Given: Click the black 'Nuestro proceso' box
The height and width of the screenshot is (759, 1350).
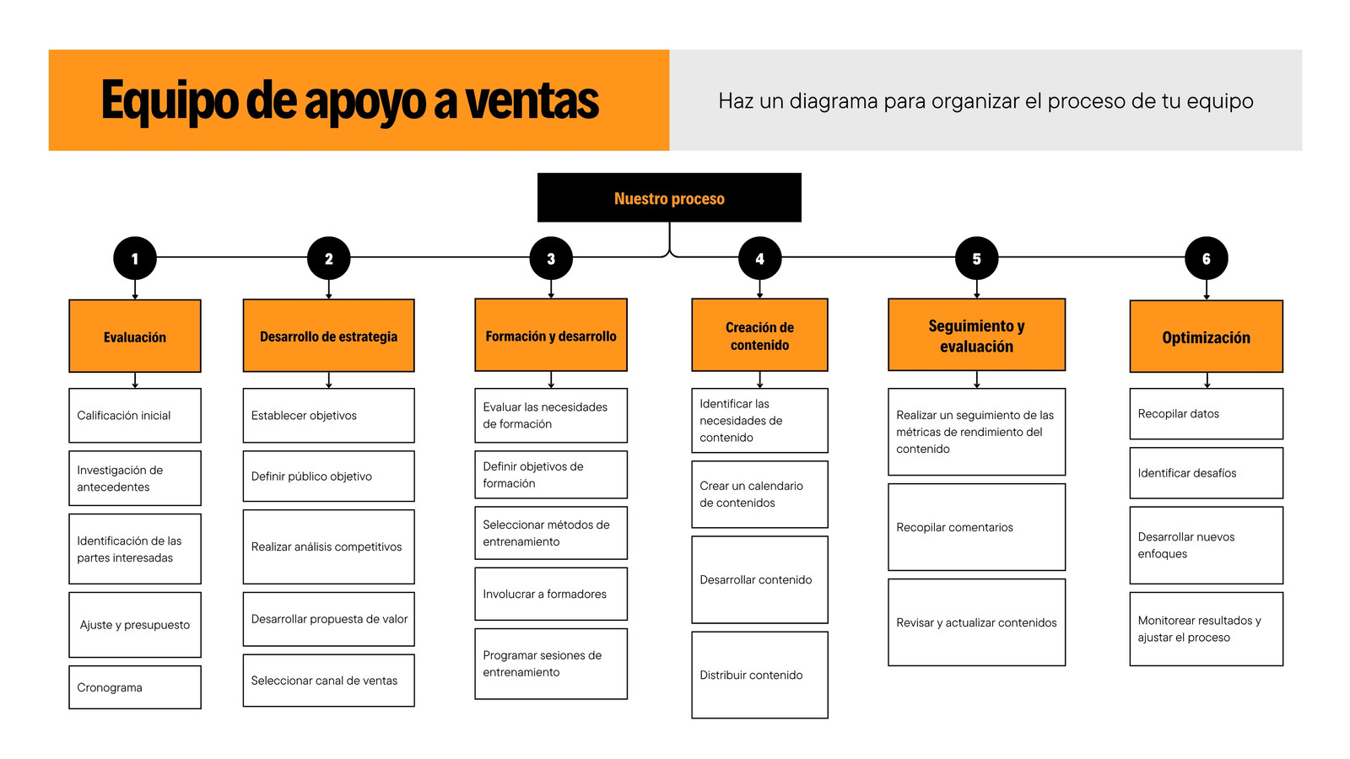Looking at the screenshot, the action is point(669,197).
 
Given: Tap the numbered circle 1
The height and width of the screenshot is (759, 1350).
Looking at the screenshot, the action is point(135,258).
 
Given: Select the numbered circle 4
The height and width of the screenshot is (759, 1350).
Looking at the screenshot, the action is point(760,258).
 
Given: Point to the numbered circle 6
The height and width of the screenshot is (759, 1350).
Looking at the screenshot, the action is point(1206,258).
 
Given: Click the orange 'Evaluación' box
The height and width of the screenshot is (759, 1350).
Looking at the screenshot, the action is point(135,336).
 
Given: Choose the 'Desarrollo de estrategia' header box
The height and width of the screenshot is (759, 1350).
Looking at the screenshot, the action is point(328,336).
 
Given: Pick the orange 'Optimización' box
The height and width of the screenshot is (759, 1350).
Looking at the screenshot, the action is point(1206,336).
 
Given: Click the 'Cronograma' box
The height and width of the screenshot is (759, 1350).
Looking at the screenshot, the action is point(135,687).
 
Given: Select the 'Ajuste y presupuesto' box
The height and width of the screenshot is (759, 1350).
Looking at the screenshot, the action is point(135,625).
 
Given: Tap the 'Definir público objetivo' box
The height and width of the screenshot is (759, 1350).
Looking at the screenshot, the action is point(328,476).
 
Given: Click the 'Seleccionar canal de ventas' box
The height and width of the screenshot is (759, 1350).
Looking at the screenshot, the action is point(328,680).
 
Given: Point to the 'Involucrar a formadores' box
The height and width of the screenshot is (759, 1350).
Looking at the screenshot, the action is point(551,594).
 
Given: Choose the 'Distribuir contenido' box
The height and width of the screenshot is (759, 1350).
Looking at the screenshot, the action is point(760,675).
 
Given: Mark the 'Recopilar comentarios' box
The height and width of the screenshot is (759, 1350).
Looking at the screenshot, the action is point(976,527).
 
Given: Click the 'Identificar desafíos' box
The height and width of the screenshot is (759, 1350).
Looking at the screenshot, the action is point(1206,473).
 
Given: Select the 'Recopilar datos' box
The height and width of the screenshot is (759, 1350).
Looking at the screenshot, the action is point(1206,414).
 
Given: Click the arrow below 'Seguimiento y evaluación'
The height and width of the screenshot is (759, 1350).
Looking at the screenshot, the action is point(977,379).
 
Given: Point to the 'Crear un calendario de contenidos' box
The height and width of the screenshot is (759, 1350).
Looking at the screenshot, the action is point(760,494).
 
